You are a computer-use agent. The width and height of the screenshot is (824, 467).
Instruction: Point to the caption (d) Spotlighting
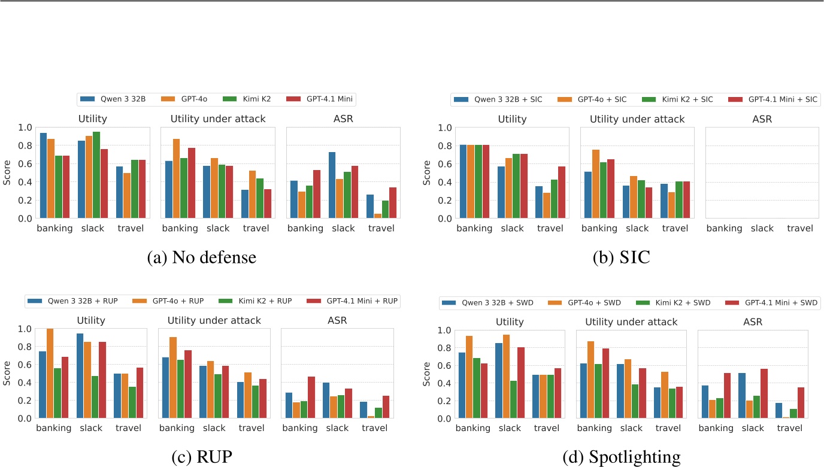point(622,457)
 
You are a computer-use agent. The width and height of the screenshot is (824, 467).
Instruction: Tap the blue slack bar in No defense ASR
point(332,185)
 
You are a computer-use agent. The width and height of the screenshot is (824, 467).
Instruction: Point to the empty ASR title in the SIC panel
point(762,119)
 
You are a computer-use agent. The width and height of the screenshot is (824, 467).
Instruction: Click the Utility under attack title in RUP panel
point(214,320)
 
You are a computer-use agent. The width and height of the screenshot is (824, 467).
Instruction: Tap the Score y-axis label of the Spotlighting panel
point(426,374)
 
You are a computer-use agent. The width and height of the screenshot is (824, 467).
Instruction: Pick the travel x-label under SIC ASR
point(800,228)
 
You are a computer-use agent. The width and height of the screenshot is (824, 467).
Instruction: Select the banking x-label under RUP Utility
point(53,428)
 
